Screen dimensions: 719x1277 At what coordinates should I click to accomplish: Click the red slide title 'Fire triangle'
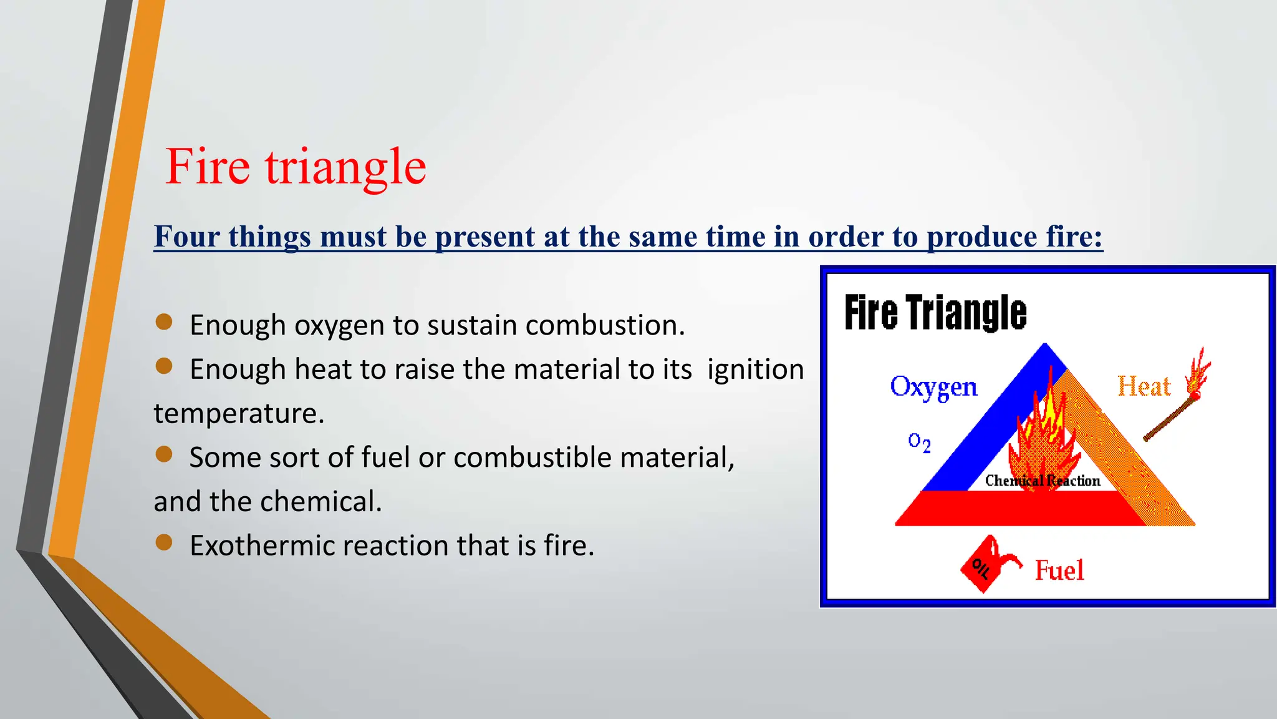[296, 167]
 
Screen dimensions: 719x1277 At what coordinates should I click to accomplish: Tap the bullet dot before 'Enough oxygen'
[164, 322]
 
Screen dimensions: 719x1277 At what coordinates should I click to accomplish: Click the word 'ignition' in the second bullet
[755, 369]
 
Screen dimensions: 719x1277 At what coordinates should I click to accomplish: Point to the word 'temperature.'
[239, 413]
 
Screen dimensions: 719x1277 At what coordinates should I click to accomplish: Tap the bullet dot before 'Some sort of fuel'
[164, 454]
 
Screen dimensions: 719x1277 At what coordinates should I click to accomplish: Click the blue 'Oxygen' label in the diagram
[933, 387]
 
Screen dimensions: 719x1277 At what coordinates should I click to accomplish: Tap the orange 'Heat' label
[1144, 386]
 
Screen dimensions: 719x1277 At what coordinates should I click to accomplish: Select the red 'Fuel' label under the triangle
[1059, 570]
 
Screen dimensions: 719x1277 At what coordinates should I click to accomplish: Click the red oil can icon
[985, 565]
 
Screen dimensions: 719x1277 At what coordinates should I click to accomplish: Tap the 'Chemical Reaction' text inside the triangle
[1043, 481]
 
